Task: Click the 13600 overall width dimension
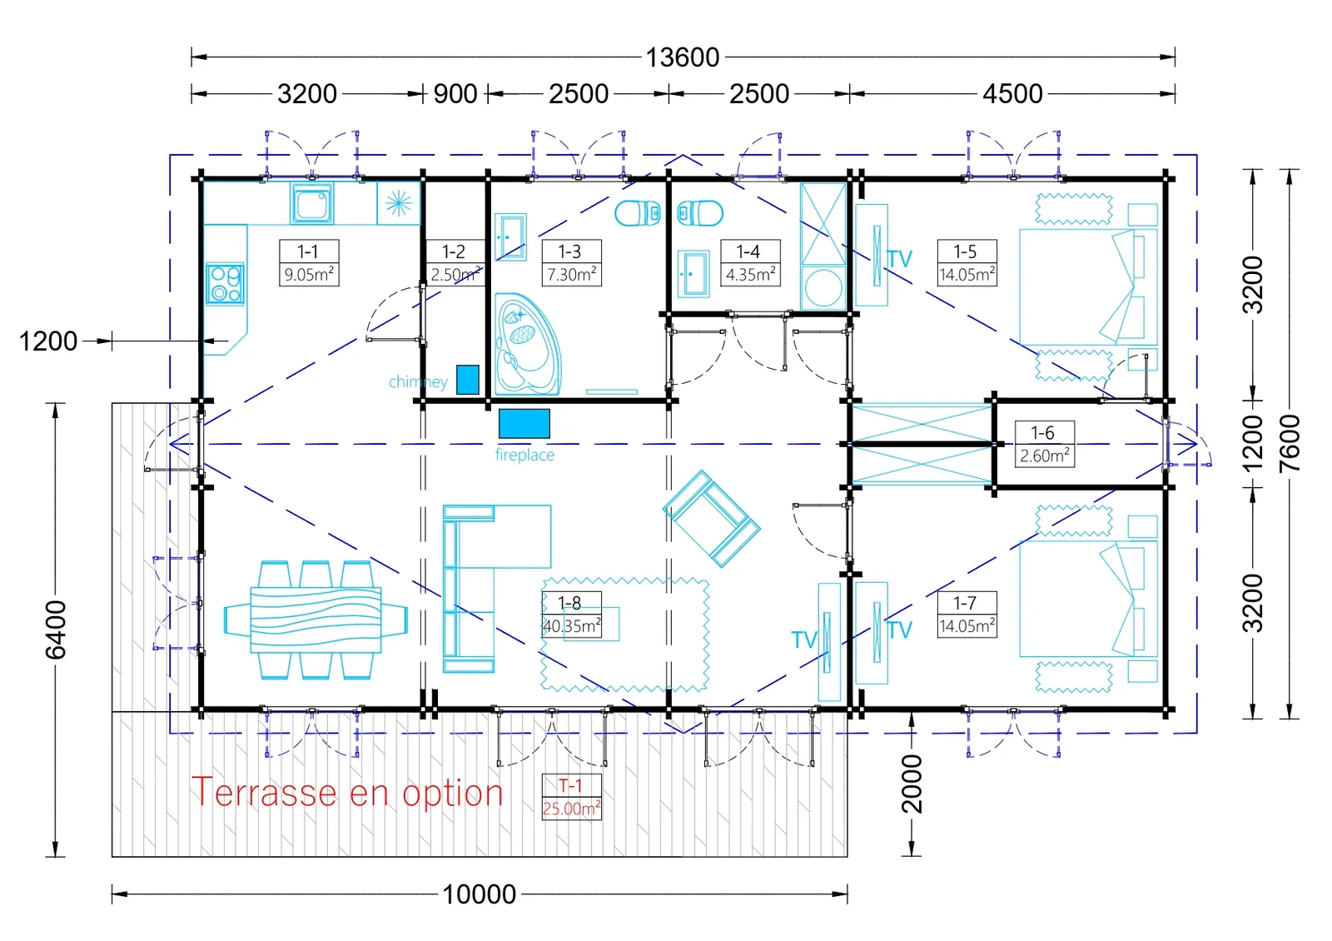(x=682, y=57)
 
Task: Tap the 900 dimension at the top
(x=455, y=94)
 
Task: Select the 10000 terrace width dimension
(x=480, y=894)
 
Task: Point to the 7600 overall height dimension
(x=1290, y=444)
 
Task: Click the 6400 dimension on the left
(x=56, y=630)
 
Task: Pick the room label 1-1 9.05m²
(x=309, y=263)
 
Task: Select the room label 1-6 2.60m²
(x=1044, y=445)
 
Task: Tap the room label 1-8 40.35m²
(x=571, y=615)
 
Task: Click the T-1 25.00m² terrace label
(x=571, y=797)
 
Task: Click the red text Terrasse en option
(x=347, y=793)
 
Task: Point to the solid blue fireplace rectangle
(x=524, y=424)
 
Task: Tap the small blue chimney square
(x=468, y=380)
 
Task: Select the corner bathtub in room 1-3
(x=527, y=344)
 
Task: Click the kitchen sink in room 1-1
(x=311, y=203)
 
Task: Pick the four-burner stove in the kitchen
(x=226, y=284)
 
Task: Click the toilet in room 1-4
(x=700, y=213)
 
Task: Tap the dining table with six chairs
(x=316, y=620)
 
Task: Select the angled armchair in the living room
(x=712, y=519)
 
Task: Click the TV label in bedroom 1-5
(x=899, y=259)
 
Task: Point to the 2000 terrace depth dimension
(x=912, y=784)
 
